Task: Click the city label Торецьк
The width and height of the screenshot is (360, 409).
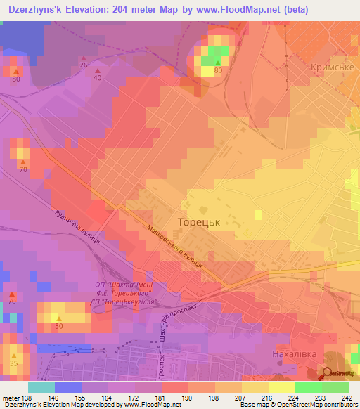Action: tap(199, 221)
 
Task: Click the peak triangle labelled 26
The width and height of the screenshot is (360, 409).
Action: tap(84, 58)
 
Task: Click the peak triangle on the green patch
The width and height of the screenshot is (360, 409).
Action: tap(217, 63)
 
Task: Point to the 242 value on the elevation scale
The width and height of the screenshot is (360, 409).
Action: tap(346, 398)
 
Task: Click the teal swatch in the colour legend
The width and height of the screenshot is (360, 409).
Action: tap(41, 387)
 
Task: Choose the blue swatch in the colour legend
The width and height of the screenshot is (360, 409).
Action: tap(67, 387)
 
